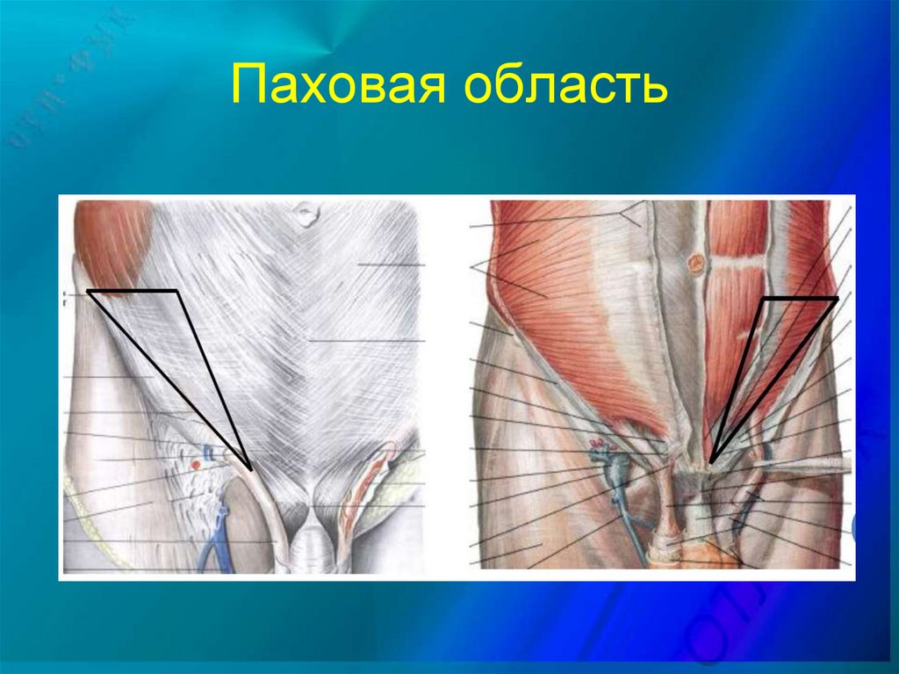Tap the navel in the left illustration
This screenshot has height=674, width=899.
(x=305, y=214)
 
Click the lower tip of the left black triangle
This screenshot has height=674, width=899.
(x=251, y=470)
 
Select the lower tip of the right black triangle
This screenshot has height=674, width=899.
(x=710, y=462)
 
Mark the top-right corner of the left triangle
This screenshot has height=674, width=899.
(x=178, y=291)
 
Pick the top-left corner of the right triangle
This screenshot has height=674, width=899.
(x=762, y=299)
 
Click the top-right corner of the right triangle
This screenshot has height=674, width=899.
(x=837, y=299)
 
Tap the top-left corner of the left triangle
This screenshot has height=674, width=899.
(x=89, y=291)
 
